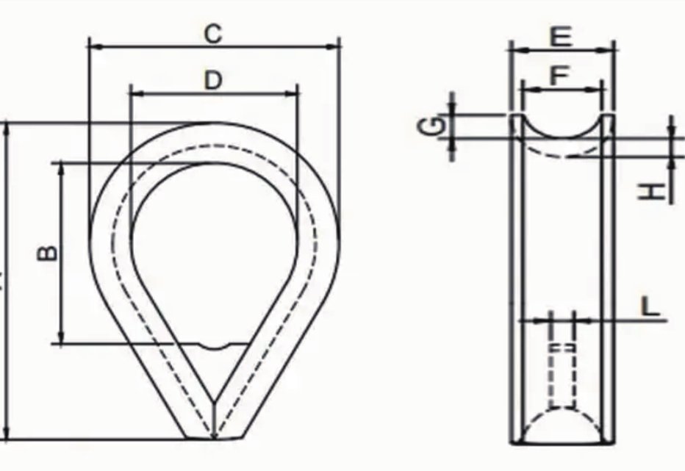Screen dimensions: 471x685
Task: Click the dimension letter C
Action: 213,34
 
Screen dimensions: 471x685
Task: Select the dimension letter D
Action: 213,80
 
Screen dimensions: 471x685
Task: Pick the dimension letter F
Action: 561,76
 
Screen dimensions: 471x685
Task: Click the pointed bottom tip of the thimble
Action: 213,439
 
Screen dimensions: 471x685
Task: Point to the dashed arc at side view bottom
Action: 562,419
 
